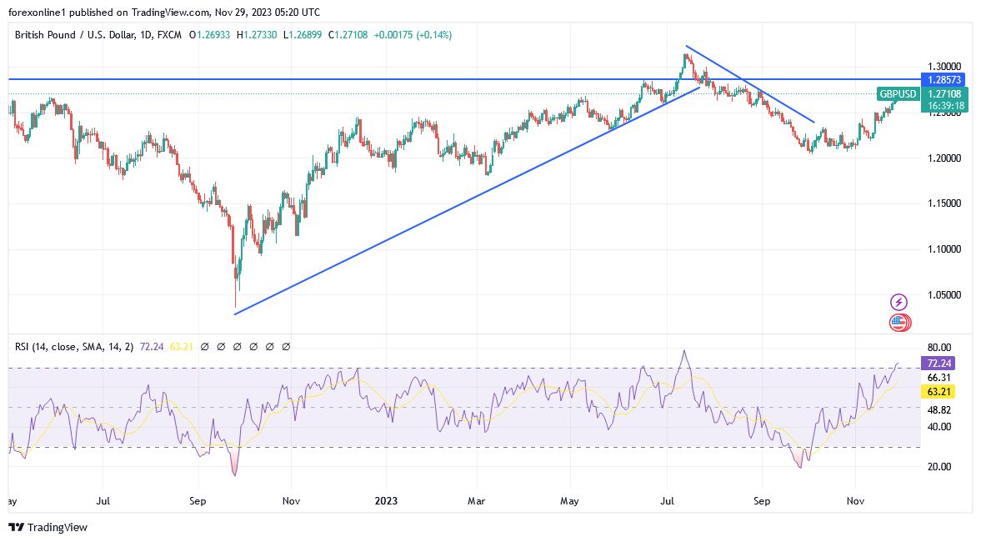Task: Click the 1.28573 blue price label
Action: click(x=943, y=79)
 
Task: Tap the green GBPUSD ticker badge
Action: click(x=898, y=94)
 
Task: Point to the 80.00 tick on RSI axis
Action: click(x=940, y=348)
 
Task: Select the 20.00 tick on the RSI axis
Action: click(x=940, y=466)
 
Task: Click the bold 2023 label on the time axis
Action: click(x=386, y=502)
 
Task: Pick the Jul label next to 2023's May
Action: click(x=666, y=502)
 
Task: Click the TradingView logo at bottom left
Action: click(x=48, y=527)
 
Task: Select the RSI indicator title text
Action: click(x=74, y=346)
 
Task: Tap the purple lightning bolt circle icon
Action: click(x=898, y=302)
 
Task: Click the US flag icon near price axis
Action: click(x=898, y=322)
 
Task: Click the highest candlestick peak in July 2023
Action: click(x=685, y=55)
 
